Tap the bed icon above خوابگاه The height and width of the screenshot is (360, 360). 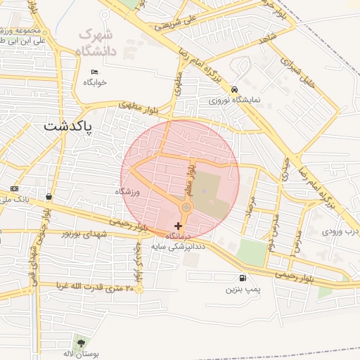point(95,72)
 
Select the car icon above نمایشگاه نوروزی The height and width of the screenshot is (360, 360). point(234,89)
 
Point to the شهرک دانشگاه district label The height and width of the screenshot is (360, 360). point(97,41)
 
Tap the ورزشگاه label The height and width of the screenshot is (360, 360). point(128,191)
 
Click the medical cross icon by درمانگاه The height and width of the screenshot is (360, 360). point(177,226)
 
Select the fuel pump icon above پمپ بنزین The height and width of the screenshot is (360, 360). point(243,278)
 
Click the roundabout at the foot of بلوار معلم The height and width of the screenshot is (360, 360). point(186,207)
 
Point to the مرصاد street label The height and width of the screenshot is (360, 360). point(248,205)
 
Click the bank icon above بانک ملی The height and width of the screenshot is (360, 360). point(15,189)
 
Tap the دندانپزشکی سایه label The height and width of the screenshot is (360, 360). point(181,246)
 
